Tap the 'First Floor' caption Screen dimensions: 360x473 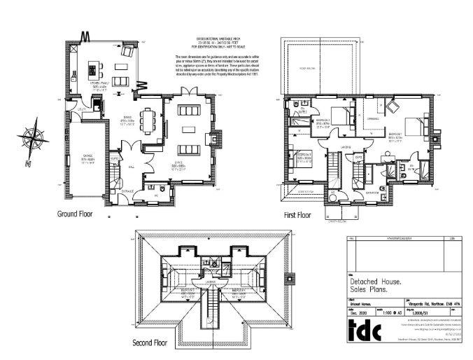[295, 216]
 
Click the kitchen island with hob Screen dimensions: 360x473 [92, 71]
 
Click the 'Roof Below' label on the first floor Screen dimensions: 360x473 [309, 68]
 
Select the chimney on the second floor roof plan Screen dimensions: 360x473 [288, 278]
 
